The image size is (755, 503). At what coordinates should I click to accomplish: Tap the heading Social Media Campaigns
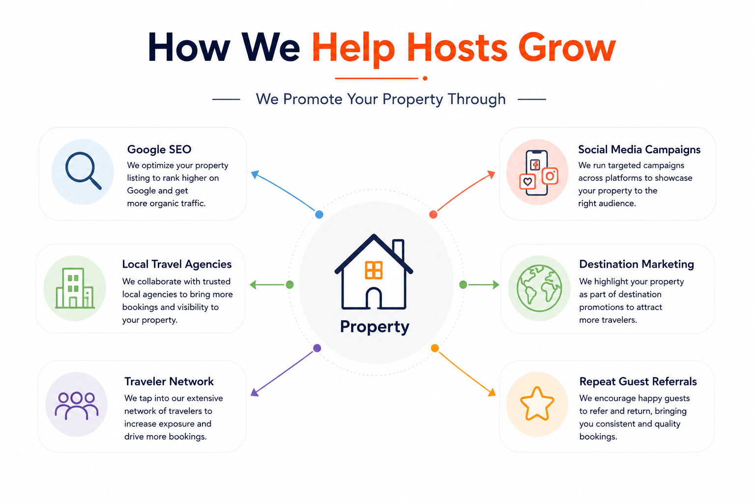639,150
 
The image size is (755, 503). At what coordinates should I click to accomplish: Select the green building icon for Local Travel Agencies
75,288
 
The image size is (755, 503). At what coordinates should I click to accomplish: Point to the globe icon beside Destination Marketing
539,288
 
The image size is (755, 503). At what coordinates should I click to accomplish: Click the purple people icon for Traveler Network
77,406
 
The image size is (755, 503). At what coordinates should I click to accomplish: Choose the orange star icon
537,404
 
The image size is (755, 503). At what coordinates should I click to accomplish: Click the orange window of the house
374,270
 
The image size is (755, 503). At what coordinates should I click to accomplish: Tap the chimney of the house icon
399,250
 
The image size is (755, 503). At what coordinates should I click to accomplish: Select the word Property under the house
375,327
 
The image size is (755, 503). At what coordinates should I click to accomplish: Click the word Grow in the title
567,48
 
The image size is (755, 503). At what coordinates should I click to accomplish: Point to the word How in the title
189,47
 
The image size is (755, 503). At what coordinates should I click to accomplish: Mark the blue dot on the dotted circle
319,214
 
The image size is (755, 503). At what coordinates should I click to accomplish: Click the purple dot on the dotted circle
317,348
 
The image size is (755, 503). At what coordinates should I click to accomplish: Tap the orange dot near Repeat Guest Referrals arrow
435,348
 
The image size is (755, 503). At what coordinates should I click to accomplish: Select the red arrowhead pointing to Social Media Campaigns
492,174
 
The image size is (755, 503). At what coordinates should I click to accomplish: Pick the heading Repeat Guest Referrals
638,381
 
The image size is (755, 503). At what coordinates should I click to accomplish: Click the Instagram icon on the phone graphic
550,176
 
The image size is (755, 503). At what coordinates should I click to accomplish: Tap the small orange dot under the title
425,79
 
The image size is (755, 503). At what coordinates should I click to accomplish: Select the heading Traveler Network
169,381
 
